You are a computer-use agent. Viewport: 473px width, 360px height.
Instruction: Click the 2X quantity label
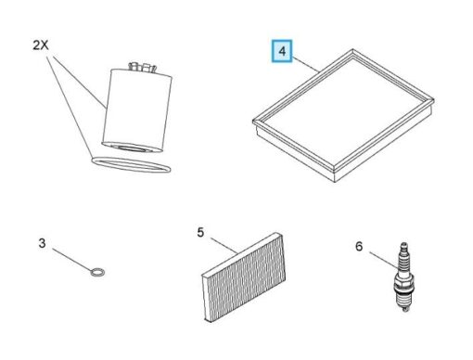point(41,45)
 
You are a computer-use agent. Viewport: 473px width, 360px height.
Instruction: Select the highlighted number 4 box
point(282,51)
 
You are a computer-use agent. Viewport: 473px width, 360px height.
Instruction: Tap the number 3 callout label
point(42,243)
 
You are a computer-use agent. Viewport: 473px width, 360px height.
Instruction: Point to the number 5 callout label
point(200,233)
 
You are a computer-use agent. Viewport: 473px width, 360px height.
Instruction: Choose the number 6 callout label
point(359,247)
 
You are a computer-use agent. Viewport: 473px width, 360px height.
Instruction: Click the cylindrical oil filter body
point(137,109)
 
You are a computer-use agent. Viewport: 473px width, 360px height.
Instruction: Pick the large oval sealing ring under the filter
point(131,164)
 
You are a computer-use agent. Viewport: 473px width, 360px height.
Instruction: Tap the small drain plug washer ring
point(97,272)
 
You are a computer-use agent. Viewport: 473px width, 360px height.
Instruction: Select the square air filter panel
point(343,115)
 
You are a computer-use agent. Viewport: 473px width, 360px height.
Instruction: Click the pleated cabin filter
point(244,277)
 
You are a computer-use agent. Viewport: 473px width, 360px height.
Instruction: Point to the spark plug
point(403,276)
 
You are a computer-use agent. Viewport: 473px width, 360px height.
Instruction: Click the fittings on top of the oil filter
point(142,67)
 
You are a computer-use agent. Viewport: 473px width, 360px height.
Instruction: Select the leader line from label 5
point(224,246)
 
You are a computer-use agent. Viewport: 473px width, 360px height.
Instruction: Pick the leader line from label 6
point(384,261)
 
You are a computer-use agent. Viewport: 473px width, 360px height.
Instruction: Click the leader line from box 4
point(305,64)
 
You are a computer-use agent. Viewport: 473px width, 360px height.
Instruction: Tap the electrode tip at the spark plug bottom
point(405,309)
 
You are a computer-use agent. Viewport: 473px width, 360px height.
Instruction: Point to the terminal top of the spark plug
point(403,245)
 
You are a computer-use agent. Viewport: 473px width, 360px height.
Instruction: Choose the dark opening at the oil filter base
point(133,148)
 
